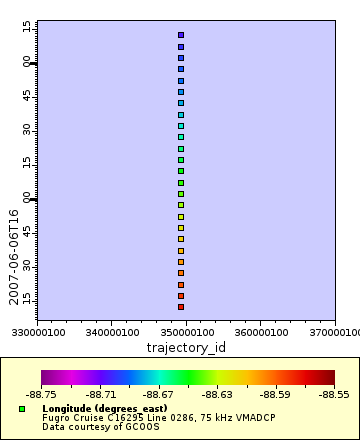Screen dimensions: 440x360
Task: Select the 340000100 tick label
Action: (x=111, y=331)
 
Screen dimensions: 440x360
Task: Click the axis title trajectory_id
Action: (x=185, y=346)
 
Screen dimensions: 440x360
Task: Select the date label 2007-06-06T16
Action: (x=14, y=257)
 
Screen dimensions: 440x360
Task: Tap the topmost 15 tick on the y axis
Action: (x=28, y=27)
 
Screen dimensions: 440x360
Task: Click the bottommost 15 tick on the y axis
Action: (x=28, y=299)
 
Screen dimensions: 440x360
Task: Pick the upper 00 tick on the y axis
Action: (x=28, y=62)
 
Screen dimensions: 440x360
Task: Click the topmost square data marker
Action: (x=181, y=35)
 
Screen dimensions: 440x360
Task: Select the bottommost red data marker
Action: (x=181, y=307)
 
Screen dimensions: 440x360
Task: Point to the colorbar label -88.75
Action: (x=42, y=395)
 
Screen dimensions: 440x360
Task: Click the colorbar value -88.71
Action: (x=100, y=395)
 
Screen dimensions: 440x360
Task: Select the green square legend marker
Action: (x=22, y=409)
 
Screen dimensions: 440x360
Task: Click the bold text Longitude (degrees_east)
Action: (x=97, y=408)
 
